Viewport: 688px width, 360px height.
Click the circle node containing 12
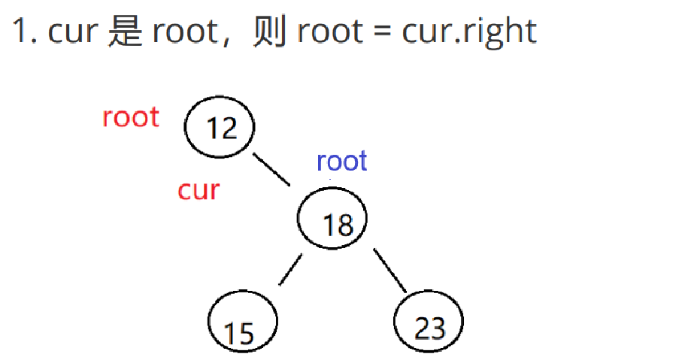(x=220, y=128)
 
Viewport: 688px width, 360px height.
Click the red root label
(x=131, y=117)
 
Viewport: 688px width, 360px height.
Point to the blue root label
(x=341, y=161)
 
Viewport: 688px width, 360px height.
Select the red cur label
(x=199, y=190)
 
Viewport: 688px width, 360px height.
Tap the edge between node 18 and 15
(x=290, y=270)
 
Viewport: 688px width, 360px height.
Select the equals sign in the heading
(x=383, y=32)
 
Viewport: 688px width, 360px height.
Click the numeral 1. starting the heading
(x=25, y=32)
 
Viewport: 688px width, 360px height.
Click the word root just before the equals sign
(x=328, y=32)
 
